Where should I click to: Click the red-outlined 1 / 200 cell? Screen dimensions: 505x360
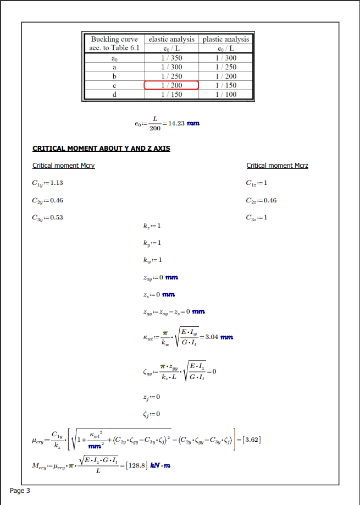pyautogui.click(x=171, y=85)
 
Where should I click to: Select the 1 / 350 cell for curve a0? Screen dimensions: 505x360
pyautogui.click(x=171, y=58)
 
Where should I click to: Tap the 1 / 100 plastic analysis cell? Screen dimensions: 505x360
pyautogui.click(x=226, y=95)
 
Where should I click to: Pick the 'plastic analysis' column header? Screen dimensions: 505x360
pyautogui.click(x=226, y=39)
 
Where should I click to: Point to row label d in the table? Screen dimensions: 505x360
pyautogui.click(x=114, y=95)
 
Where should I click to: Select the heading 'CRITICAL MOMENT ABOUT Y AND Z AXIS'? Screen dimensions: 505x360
pyautogui.click(x=101, y=149)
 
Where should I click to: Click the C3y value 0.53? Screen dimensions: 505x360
pyautogui.click(x=56, y=217)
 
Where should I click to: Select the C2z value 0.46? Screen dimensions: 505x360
pyautogui.click(x=270, y=200)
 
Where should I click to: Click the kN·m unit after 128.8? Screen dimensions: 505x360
pyautogui.click(x=160, y=465)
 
